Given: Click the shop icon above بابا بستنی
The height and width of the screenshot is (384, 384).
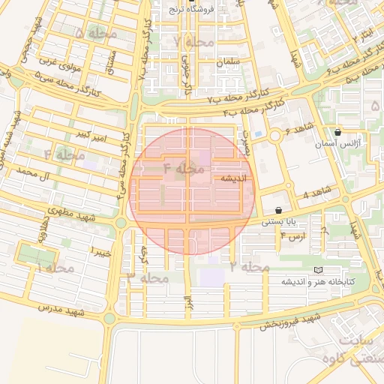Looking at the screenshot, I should tap(279, 211).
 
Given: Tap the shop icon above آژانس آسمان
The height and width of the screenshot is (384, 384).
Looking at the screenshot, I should tap(338, 132).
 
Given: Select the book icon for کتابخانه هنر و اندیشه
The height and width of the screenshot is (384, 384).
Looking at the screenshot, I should tap(318, 270).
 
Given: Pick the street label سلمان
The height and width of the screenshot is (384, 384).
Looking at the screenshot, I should tap(229, 62).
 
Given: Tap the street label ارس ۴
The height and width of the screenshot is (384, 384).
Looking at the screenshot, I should tap(293, 235).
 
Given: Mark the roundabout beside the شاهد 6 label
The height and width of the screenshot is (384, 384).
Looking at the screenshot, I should tap(276, 136).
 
